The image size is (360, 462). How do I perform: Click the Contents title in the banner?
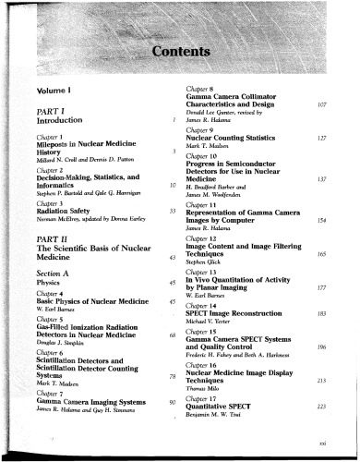180,49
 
